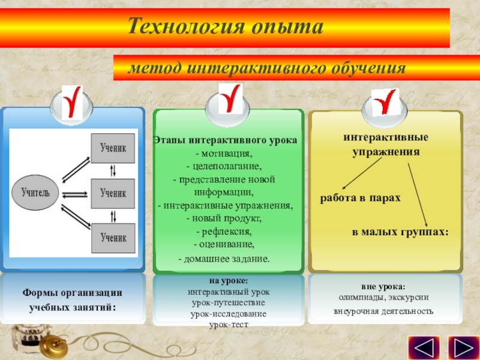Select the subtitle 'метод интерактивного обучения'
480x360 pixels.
(266, 68)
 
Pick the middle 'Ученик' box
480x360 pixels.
(113, 193)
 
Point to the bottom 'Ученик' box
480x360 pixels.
(113, 238)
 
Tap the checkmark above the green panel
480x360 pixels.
(229, 100)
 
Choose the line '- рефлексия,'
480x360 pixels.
(224, 231)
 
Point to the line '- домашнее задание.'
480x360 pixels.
(224, 259)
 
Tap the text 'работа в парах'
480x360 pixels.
(359, 197)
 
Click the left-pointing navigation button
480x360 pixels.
(424, 347)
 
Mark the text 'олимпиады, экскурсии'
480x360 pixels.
(383, 297)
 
